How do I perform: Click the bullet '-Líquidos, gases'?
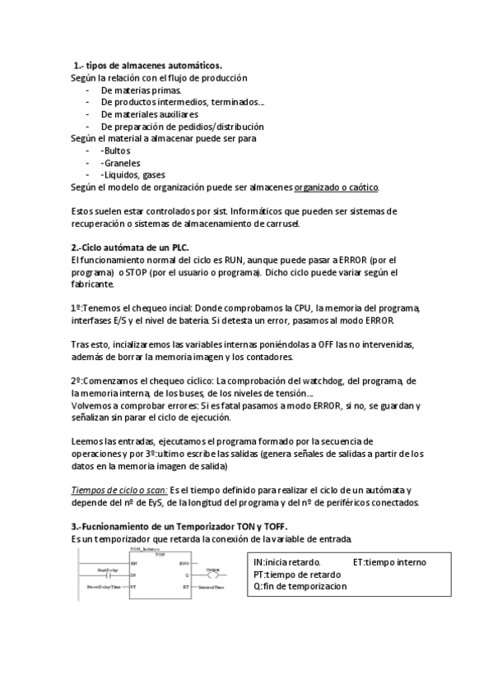(133, 175)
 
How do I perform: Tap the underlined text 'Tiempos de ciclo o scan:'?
(119, 490)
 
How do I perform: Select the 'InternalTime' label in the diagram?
(212, 588)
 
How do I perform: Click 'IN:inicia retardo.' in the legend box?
(287, 562)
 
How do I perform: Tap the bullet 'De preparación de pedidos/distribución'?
(182, 127)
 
